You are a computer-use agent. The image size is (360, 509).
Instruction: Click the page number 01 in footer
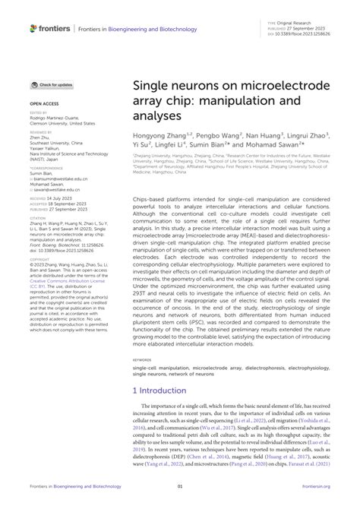(x=180, y=485)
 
